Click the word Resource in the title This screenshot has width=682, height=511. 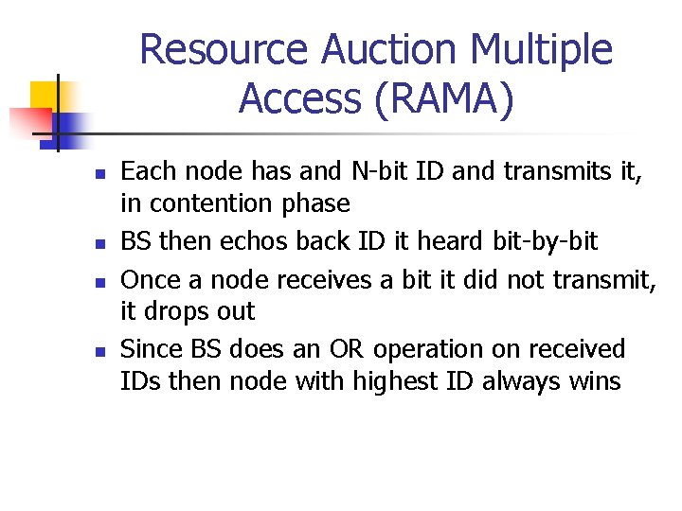click(x=223, y=50)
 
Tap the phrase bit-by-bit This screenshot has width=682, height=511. click(x=547, y=241)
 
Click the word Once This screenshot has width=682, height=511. click(x=153, y=279)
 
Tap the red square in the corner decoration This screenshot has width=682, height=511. click(x=28, y=121)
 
